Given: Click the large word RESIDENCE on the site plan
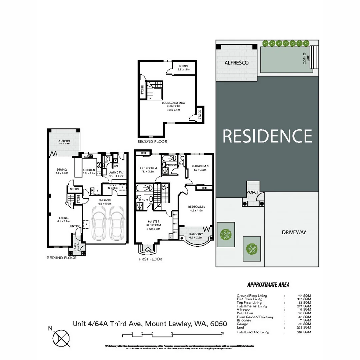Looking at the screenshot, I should [267, 136].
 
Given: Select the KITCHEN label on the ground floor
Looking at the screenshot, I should [89, 171].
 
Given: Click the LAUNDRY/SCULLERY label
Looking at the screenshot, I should [116, 174].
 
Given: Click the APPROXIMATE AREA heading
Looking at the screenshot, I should [268, 285].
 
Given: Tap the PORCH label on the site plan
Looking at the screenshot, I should [253, 193].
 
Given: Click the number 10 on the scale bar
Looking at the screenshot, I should [222, 333].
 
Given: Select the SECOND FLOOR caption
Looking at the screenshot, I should [152, 142].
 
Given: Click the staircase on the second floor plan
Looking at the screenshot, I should [155, 90].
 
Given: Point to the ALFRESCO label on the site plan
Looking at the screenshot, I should [236, 63].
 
